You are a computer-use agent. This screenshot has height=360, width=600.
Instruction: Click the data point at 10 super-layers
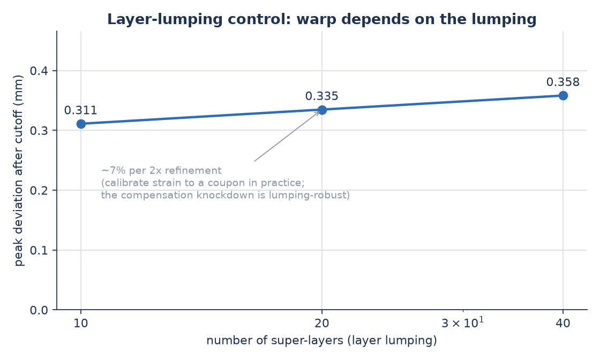(x=81, y=124)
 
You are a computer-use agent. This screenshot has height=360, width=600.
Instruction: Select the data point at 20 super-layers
(x=322, y=110)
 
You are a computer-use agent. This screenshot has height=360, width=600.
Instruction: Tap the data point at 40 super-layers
(x=563, y=95)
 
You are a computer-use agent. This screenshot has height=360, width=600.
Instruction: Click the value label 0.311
(x=81, y=110)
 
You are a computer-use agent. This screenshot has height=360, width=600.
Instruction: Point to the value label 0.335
(x=322, y=96)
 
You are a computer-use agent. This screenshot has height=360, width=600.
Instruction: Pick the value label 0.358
(x=563, y=82)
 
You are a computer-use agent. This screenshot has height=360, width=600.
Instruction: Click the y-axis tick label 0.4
(x=39, y=71)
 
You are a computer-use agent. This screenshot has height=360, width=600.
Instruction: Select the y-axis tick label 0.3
(x=39, y=131)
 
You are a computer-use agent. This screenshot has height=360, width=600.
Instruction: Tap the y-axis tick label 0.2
(x=39, y=191)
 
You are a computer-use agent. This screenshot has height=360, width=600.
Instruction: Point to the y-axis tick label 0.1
(x=39, y=251)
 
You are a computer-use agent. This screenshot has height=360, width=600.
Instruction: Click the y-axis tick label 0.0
(x=39, y=310)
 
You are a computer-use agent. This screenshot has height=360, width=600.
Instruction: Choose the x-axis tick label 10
(x=81, y=324)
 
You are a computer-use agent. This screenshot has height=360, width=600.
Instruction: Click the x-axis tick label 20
(x=322, y=324)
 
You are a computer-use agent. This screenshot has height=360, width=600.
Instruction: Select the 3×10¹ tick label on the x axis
(x=463, y=322)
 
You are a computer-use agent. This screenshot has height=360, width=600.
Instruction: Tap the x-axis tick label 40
(x=563, y=324)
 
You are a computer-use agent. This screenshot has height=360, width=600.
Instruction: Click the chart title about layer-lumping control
(x=322, y=19)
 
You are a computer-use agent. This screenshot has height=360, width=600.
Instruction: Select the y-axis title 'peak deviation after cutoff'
(x=18, y=170)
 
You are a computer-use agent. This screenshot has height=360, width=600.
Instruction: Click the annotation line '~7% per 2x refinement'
(x=161, y=171)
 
